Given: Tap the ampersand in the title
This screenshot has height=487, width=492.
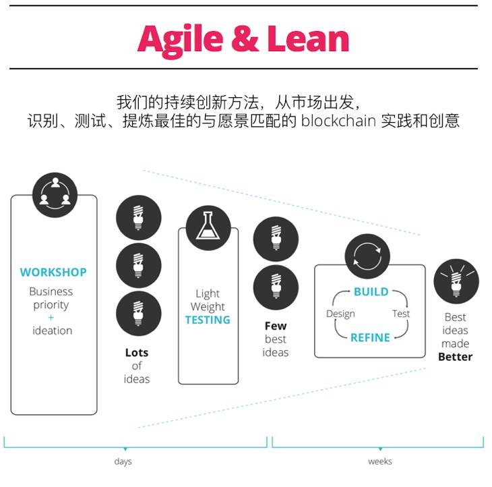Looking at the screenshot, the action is (x=244, y=39).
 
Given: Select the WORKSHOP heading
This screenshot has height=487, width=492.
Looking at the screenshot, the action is (x=53, y=273).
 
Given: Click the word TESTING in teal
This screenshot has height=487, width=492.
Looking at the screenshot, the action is (x=208, y=320).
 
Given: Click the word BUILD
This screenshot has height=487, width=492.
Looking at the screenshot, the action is (x=371, y=292).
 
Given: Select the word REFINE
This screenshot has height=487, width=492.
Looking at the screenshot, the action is (x=371, y=337).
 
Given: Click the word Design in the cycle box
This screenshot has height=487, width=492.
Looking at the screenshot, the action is (x=340, y=314).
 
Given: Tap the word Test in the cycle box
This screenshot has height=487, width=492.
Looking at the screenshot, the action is (x=400, y=314).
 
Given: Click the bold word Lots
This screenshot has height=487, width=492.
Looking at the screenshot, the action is (x=137, y=352).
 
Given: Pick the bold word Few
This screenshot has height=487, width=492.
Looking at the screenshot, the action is (x=276, y=326).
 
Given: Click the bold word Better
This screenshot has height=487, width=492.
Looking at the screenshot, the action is (x=456, y=357).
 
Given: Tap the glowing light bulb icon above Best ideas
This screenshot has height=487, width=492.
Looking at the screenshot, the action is (x=456, y=281).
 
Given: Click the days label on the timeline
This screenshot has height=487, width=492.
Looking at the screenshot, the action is (x=123, y=462).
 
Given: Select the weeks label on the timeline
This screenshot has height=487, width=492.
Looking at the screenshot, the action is (x=380, y=462).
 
